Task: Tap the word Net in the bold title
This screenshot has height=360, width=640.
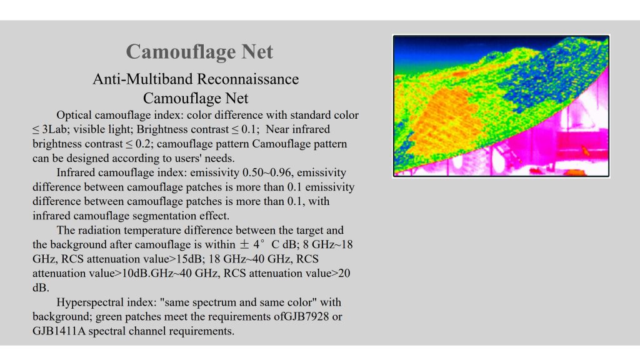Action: coord(257,52)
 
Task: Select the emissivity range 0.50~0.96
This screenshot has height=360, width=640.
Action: coord(267,172)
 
